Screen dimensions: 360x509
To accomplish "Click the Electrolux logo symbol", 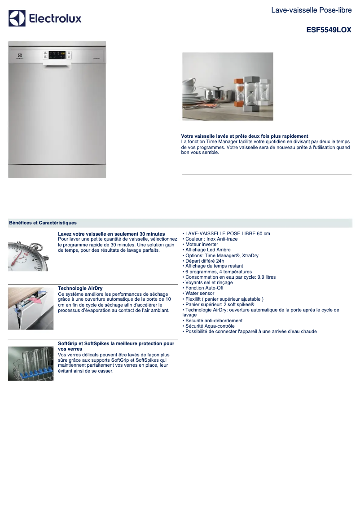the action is coord(17,18).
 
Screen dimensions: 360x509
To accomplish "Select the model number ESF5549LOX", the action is coord(329,30).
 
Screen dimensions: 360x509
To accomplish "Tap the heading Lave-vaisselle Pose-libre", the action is coord(311,10).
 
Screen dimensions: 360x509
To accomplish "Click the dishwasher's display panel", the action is coord(57,54).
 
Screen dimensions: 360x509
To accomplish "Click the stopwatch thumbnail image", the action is coord(28,256).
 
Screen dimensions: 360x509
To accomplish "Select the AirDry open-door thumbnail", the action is coord(31,308).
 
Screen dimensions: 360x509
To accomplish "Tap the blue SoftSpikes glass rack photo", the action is coord(31,364).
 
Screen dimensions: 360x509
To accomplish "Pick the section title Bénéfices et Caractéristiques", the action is coord(43,223).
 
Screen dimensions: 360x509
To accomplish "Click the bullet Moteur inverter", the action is coord(202,245).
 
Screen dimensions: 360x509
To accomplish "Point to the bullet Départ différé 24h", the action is coord(205,261).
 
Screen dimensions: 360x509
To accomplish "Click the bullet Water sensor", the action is coord(200,294).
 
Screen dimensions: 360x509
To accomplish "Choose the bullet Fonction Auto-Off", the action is coord(204,288).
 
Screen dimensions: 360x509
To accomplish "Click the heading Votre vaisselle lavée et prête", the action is coord(244,136).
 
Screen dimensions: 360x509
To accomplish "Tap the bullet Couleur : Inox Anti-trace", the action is coord(211,239).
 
